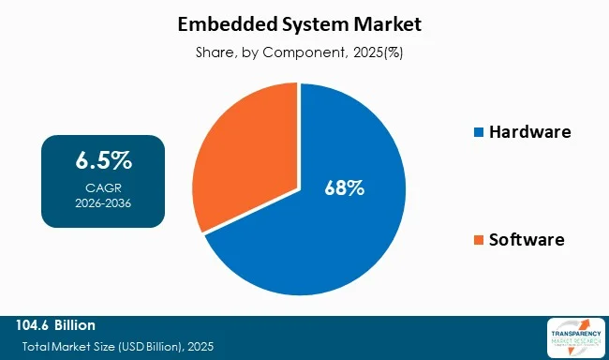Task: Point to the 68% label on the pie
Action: point(345,187)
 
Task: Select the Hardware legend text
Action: point(530,132)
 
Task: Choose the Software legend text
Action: point(527,240)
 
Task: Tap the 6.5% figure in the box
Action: point(103,160)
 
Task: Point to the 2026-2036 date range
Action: point(103,201)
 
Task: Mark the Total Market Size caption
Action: point(116,347)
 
